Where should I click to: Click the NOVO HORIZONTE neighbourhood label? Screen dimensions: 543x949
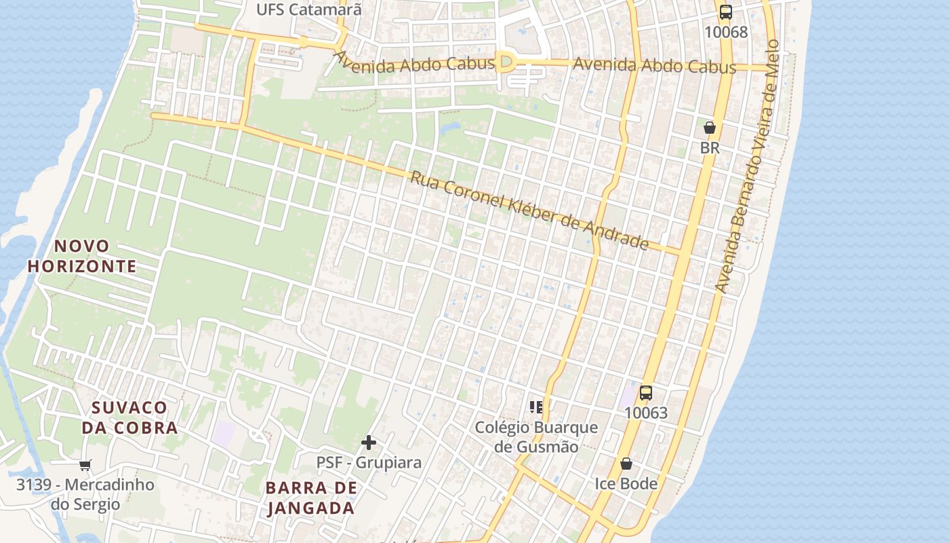82,256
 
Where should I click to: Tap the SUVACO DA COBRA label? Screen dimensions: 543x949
129,417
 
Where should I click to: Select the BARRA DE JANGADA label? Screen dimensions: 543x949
311,498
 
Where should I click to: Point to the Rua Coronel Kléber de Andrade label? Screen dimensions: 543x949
529,210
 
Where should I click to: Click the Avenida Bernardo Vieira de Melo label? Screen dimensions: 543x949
746,166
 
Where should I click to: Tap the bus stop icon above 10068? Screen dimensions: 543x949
726,12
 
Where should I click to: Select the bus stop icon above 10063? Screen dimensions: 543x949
646,392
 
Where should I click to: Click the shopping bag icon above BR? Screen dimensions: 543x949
710,127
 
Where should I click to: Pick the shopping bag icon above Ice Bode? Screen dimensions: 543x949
626,464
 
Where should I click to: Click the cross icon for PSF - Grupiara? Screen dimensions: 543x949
369,443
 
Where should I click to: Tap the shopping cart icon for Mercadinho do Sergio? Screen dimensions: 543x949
85,465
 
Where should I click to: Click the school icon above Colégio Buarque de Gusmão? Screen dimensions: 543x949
536,407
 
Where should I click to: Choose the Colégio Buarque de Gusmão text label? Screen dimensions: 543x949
536,436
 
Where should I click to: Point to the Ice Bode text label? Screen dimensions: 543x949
626,483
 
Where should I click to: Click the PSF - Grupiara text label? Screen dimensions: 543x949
369,462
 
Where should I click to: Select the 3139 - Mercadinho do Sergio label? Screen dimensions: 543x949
85,494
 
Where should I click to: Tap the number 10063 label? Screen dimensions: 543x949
646,413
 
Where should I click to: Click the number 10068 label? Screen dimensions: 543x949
726,32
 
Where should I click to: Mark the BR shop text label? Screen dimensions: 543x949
710,147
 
